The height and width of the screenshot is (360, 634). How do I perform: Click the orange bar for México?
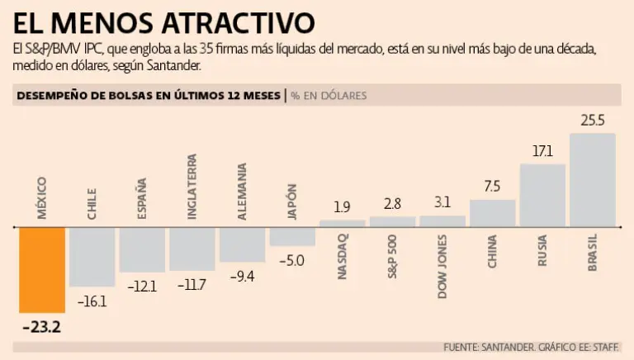pyautogui.click(x=41, y=269)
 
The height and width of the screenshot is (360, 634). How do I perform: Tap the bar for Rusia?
pyautogui.click(x=542, y=195)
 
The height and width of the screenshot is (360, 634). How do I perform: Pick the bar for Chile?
pyautogui.click(x=92, y=257)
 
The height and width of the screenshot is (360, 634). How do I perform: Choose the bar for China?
pyautogui.click(x=492, y=213)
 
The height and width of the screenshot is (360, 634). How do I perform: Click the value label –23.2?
pyautogui.click(x=41, y=327)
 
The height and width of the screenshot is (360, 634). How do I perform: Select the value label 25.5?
pyautogui.click(x=593, y=121)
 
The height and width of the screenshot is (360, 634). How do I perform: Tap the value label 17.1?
pyautogui.click(x=542, y=151)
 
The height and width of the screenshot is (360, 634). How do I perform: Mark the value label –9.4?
pyautogui.click(x=242, y=276)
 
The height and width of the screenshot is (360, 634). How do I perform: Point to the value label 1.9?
pyautogui.click(x=342, y=207)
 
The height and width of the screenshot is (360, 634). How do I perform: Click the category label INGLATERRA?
pyautogui.click(x=192, y=186)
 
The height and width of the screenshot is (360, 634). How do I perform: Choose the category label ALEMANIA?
pyautogui.click(x=242, y=191)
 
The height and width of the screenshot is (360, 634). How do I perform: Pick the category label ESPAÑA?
pyautogui.click(x=142, y=199)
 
